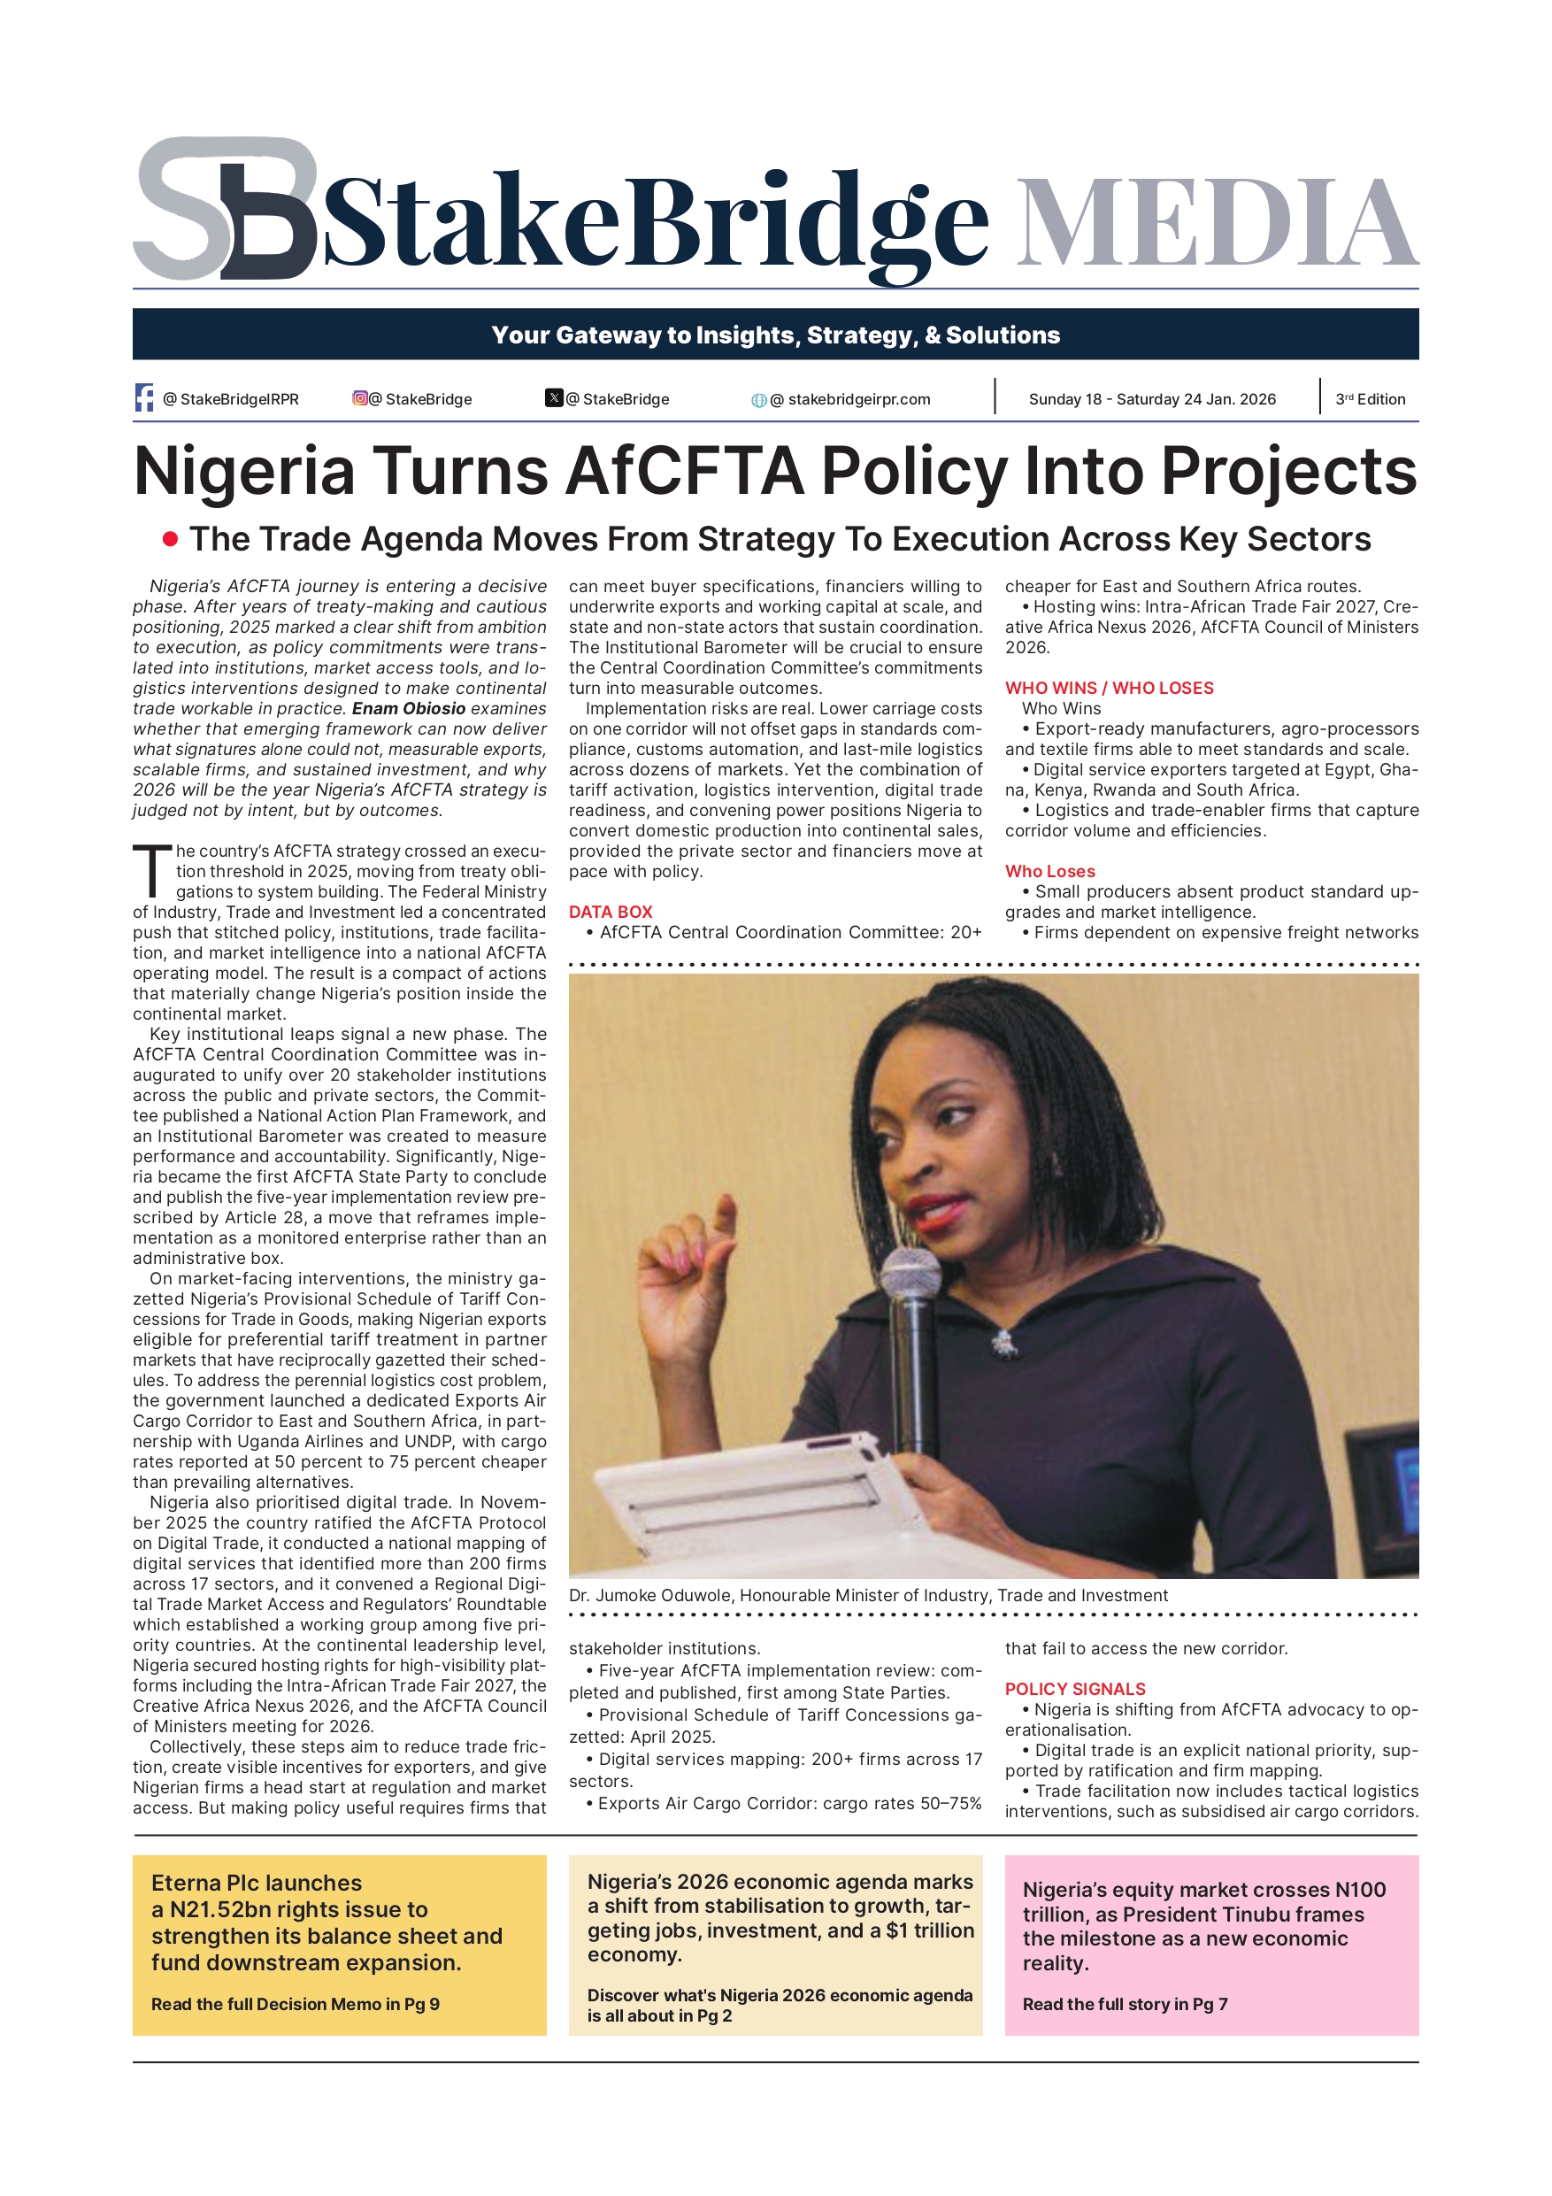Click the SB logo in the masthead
[x=225, y=209]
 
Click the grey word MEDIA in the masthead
[x=1216, y=223]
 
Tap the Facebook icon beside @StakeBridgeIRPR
[x=144, y=398]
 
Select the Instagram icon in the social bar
[x=359, y=398]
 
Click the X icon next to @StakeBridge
[x=554, y=398]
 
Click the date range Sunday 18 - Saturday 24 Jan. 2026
[x=1151, y=400]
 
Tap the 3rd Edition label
[x=1370, y=400]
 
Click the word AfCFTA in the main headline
[x=685, y=472]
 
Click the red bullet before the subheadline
[x=170, y=539]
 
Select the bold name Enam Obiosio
[x=408, y=709]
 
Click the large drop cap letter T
[x=151, y=871]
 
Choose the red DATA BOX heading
[x=610, y=913]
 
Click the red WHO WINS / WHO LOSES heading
[x=1109, y=689]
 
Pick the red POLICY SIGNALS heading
[x=1074, y=1689]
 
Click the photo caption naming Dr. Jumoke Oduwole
[x=867, y=1595]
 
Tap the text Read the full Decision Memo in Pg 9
[x=295, y=2004]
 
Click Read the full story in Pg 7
[x=1125, y=2004]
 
